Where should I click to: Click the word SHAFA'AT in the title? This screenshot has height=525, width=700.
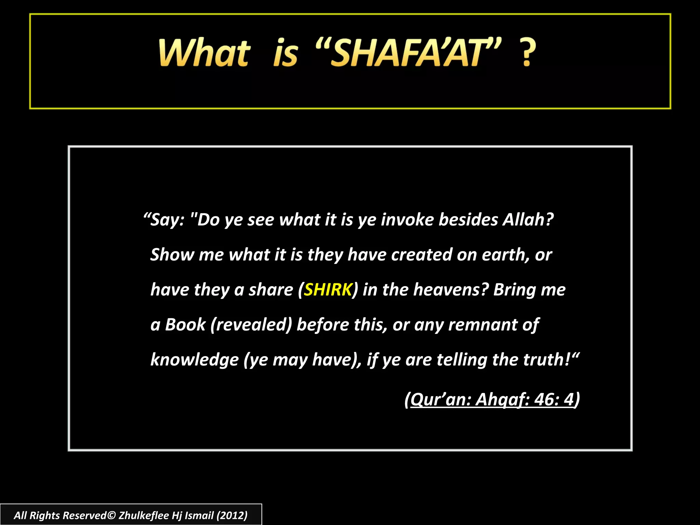(x=407, y=53)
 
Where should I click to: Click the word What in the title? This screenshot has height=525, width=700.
(x=204, y=53)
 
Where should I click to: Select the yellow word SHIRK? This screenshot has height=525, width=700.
(x=328, y=290)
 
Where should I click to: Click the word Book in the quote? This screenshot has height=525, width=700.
(x=185, y=325)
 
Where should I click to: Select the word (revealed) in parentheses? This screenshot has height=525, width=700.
(x=251, y=325)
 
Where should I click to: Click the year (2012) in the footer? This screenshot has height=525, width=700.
(x=232, y=515)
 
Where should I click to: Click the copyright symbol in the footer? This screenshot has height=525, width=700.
(x=111, y=515)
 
